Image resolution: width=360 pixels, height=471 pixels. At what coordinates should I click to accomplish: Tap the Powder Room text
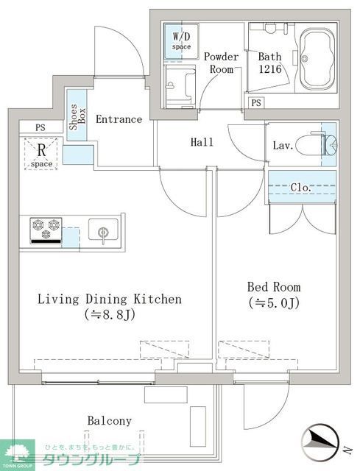[x=221, y=63]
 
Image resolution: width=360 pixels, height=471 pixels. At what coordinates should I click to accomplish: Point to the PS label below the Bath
[x=256, y=102]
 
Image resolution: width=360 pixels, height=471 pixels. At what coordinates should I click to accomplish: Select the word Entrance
[x=119, y=119]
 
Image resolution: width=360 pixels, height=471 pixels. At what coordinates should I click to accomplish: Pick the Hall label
[x=202, y=142]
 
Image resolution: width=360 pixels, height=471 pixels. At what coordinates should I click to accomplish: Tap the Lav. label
[x=284, y=146]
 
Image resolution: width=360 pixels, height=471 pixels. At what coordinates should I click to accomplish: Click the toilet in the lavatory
[x=321, y=145]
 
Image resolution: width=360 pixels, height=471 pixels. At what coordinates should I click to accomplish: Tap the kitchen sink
[x=103, y=231]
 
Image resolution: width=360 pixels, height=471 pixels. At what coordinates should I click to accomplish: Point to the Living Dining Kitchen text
[x=110, y=300]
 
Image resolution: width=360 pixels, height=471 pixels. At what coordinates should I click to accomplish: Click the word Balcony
[x=110, y=421]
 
